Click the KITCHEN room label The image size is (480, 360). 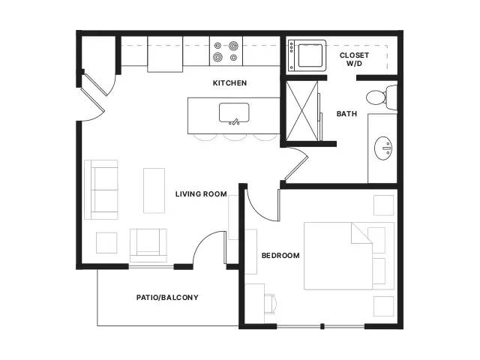229,83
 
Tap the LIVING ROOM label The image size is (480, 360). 201,194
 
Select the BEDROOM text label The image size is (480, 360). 280,256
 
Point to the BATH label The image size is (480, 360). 346,114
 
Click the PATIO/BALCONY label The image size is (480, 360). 167,297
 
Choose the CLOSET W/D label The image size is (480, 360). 354,59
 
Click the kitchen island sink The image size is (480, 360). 234,113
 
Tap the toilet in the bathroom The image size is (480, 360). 382,97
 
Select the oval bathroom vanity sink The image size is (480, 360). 383,148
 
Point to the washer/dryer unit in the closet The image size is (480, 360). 307,55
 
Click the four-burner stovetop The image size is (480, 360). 226,51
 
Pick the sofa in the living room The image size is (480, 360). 101,190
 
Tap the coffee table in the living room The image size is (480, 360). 154,190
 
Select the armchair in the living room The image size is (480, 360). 148,245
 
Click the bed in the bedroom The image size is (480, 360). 349,256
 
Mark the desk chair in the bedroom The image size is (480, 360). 270,304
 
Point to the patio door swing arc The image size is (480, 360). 204,241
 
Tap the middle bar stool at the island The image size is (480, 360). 235,137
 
